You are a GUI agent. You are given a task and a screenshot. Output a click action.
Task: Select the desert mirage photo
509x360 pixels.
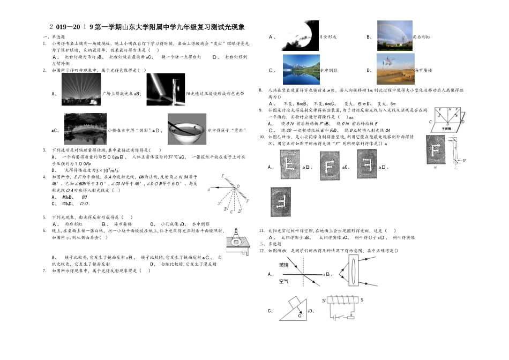pyautogui.click(x=395, y=68)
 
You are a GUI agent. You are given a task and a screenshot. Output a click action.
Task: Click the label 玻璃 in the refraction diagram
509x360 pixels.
pyautogui.click(x=283, y=265)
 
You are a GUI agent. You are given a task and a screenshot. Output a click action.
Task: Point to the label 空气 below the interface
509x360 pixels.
pyautogui.click(x=283, y=281)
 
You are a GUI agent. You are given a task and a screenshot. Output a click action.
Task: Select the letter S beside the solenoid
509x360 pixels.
pyautogui.click(x=363, y=300)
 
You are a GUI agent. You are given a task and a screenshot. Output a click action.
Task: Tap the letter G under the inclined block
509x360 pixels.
pyautogui.click(x=300, y=316)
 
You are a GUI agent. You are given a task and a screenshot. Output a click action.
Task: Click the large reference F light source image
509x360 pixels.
pyautogui.click(x=438, y=151)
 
